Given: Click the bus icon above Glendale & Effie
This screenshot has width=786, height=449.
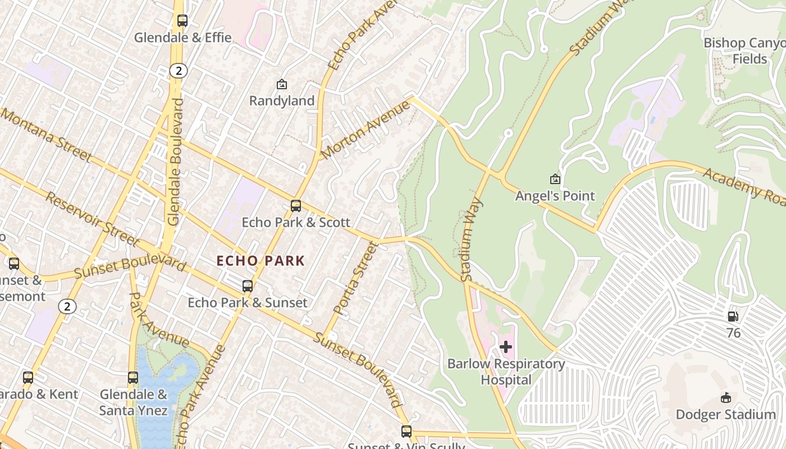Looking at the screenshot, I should tap(182, 21).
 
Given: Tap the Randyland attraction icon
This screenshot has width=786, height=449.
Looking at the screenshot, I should tap(282, 85).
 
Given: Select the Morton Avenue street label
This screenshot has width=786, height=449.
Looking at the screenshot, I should tap(365, 130).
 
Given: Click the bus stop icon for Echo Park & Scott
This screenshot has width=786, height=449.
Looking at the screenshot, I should tap(296, 206).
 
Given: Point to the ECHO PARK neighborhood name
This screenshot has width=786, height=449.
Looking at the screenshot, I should tap(261, 260).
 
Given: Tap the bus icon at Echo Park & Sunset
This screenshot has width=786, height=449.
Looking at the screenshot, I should tap(248, 286).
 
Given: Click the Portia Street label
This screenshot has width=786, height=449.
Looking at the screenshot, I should tap(353, 278).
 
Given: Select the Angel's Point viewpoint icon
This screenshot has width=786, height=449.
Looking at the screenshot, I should tap(555, 179).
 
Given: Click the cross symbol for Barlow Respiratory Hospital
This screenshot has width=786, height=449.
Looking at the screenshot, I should tap(506, 347).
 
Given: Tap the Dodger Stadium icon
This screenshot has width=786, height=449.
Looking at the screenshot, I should tap(725, 398).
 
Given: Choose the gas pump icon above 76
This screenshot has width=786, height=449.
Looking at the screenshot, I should tap(733, 317).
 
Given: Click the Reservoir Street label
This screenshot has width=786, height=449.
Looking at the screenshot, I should tap(92, 219).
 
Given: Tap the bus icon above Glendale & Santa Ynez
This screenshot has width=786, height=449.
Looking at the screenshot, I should tap(133, 378).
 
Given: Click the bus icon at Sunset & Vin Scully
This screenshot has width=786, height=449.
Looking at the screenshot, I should tap(406, 432).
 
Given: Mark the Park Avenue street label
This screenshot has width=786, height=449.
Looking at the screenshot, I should tap(159, 320).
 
